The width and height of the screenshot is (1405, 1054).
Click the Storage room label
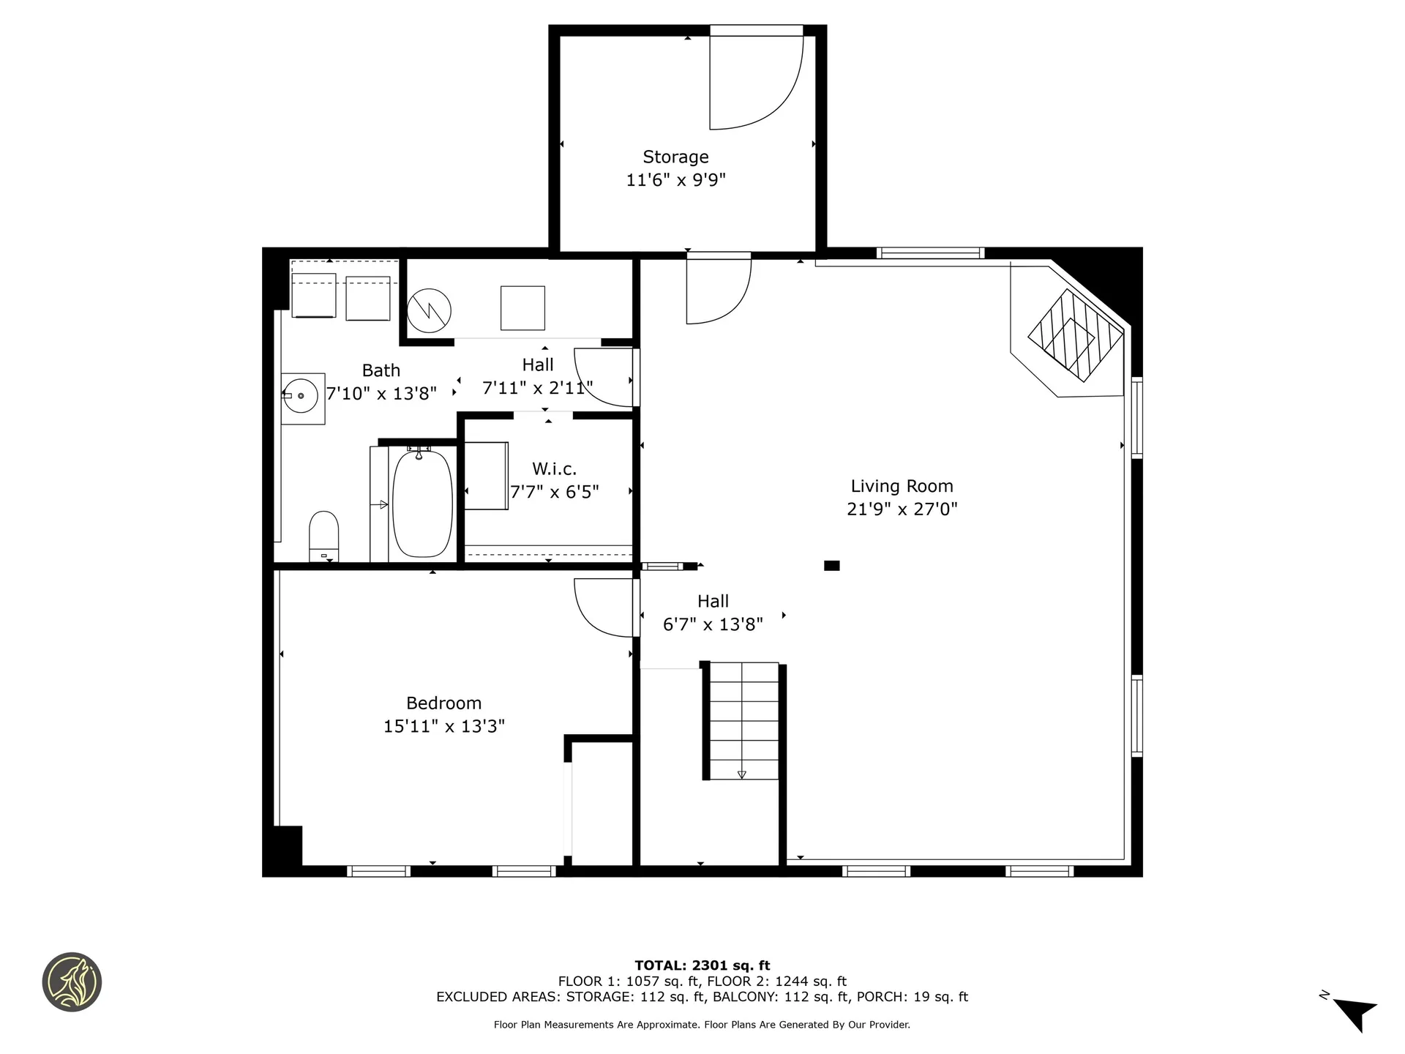[x=675, y=157]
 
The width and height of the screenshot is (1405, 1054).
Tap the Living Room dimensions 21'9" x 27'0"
[x=902, y=509]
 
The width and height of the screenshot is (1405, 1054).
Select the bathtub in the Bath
[x=422, y=504]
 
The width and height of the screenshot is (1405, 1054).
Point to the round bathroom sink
[x=301, y=396]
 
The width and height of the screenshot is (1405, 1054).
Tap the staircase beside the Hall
[x=743, y=720]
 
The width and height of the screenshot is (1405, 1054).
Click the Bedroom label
[x=443, y=703]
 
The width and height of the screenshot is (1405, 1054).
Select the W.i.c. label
[x=554, y=468]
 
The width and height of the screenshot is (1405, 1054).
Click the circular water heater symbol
[x=430, y=311]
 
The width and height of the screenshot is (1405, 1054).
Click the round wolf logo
[x=72, y=982]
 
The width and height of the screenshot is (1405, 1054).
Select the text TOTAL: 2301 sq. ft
[x=702, y=965]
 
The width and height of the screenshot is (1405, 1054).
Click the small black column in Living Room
[x=831, y=565]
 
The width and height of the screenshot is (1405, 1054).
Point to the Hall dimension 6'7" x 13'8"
[x=713, y=624]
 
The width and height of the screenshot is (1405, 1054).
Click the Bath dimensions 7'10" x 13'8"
[x=381, y=394]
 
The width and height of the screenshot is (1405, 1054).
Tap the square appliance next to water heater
[x=522, y=308]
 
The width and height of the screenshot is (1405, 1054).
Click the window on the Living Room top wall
[x=930, y=253]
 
